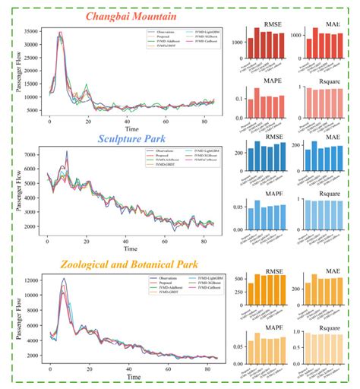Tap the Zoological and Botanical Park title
click(123, 264)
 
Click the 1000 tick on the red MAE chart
click(295, 35)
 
